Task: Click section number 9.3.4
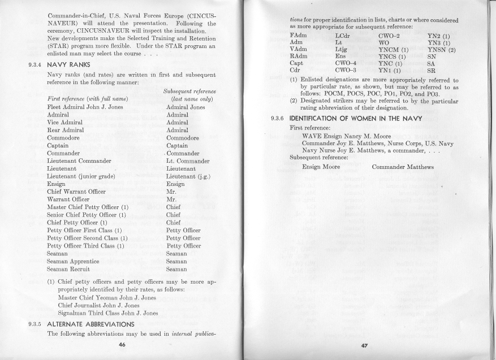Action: pos(29,64)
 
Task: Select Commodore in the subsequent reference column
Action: pos(183,137)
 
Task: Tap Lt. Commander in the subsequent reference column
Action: pos(189,161)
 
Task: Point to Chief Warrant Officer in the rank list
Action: pos(77,192)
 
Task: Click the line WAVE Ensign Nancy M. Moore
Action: pos(346,136)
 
